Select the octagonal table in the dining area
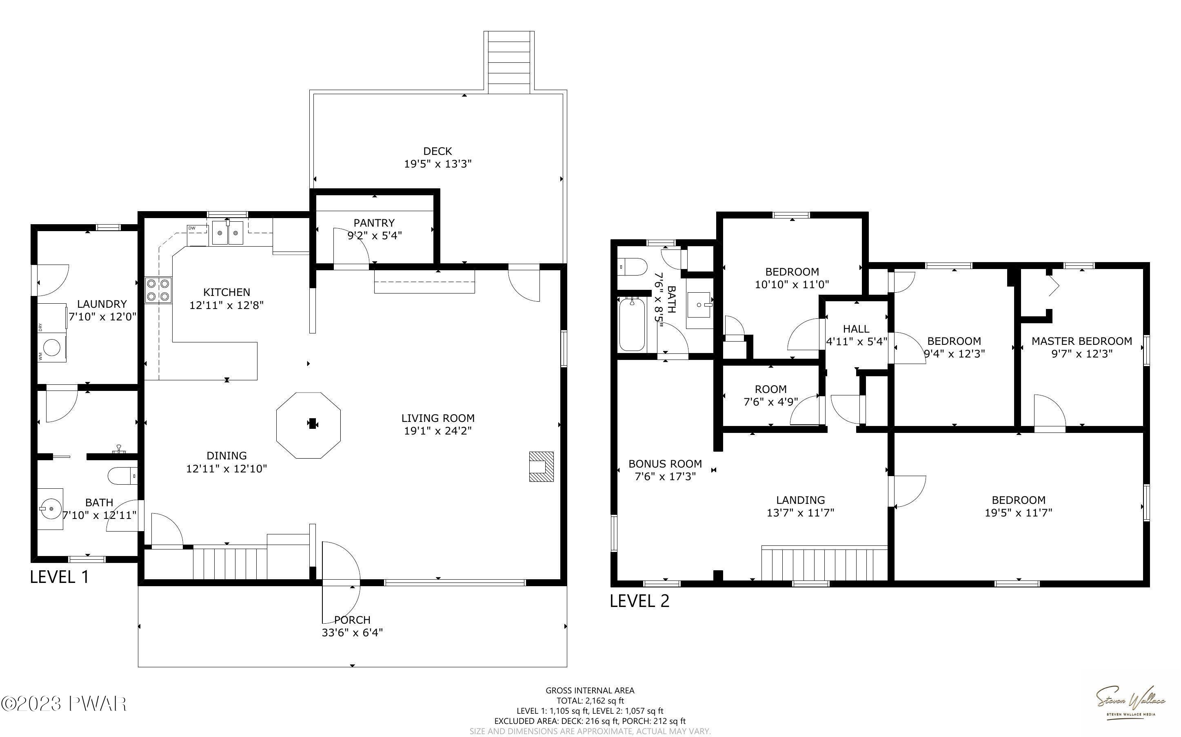(x=308, y=425)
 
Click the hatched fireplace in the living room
(x=542, y=466)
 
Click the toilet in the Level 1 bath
(x=122, y=476)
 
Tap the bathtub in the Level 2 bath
(x=632, y=324)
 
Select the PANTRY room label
(x=374, y=223)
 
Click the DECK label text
(x=437, y=151)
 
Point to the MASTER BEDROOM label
(x=1081, y=341)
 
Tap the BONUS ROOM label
(x=665, y=463)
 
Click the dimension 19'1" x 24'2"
(x=438, y=431)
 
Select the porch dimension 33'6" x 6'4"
(x=352, y=633)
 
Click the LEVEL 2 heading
(x=639, y=601)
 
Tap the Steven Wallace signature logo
(x=1131, y=702)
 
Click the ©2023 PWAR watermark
(x=64, y=704)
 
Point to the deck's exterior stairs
(x=509, y=62)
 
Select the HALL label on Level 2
(x=856, y=329)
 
